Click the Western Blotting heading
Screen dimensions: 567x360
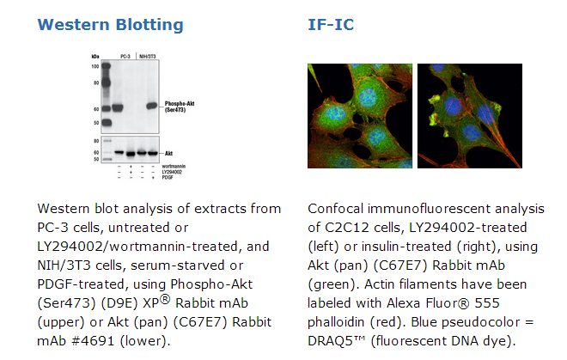pyautogui.click(x=110, y=25)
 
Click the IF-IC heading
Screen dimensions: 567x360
pyautogui.click(x=331, y=25)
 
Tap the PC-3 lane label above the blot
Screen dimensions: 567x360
pyautogui.click(x=125, y=57)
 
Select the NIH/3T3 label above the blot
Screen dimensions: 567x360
pyautogui.click(x=148, y=57)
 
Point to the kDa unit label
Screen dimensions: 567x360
pyautogui.click(x=95, y=57)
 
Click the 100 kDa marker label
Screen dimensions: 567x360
pyautogui.click(x=95, y=66)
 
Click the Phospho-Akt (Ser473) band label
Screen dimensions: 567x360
pyautogui.click(x=180, y=107)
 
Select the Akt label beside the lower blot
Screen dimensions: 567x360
pyautogui.click(x=168, y=154)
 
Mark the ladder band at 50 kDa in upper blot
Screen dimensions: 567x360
pyautogui.click(x=107, y=123)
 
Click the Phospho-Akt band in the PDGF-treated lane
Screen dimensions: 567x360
pyautogui.click(x=152, y=106)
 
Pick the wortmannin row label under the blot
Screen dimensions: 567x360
pyautogui.click(x=174, y=167)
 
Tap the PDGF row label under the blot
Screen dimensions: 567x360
pyautogui.click(x=168, y=178)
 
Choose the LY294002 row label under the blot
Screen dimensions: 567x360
pyautogui.click(x=172, y=172)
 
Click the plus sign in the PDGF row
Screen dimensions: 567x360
pyautogui.click(x=153, y=178)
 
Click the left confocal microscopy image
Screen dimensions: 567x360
pyautogui.click(x=360, y=116)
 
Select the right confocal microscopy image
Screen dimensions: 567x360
pyautogui.click(x=470, y=116)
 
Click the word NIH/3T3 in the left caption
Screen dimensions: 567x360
pyautogui.click(x=64, y=265)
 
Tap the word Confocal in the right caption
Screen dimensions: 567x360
pyautogui.click(x=336, y=209)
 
